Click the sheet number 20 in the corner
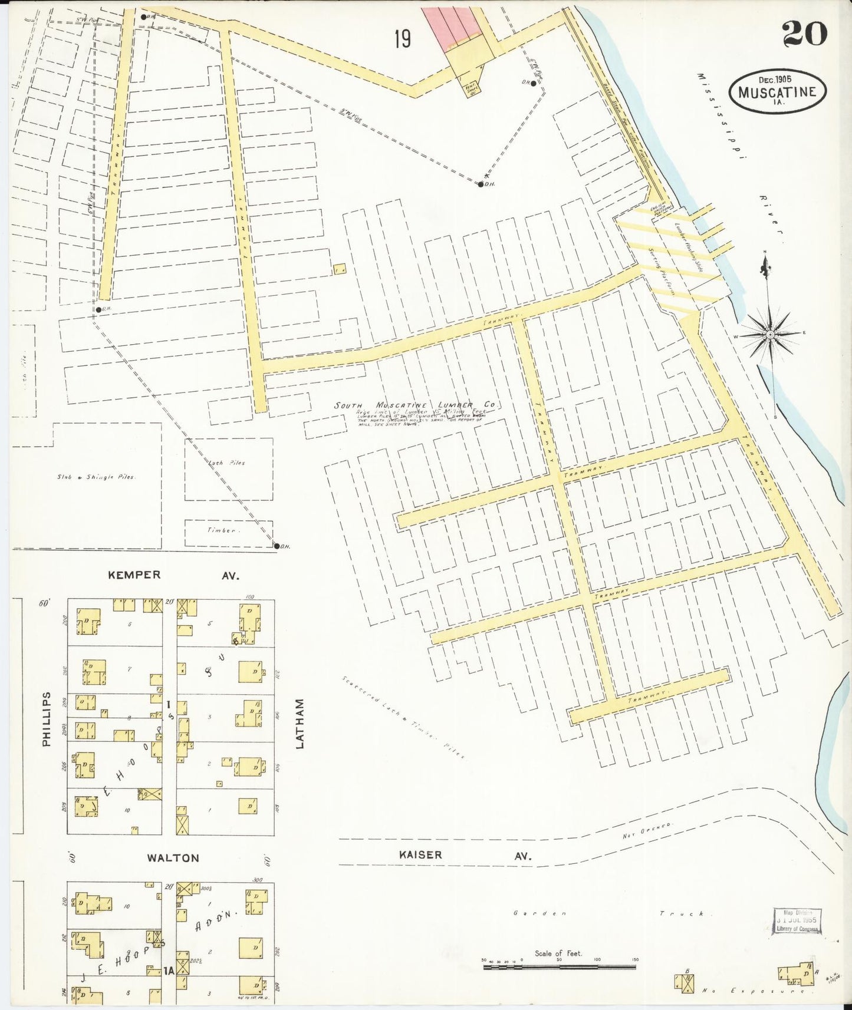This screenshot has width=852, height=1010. pos(805,35)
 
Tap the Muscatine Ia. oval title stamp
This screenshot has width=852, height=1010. pos(777,91)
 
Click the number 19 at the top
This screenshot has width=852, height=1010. pos(403,39)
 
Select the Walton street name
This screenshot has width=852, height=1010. pos(173,858)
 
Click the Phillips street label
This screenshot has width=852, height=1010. pos(47,719)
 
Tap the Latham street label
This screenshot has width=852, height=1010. pos(300,724)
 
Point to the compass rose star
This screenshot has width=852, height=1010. pos(770,334)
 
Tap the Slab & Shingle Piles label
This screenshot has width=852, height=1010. pos(96,477)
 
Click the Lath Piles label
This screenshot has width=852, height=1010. pos(226,463)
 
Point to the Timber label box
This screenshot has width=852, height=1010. pos(228,532)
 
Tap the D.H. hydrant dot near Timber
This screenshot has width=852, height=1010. pos(277,546)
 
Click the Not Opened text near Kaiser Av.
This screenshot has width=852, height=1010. pos(647,831)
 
